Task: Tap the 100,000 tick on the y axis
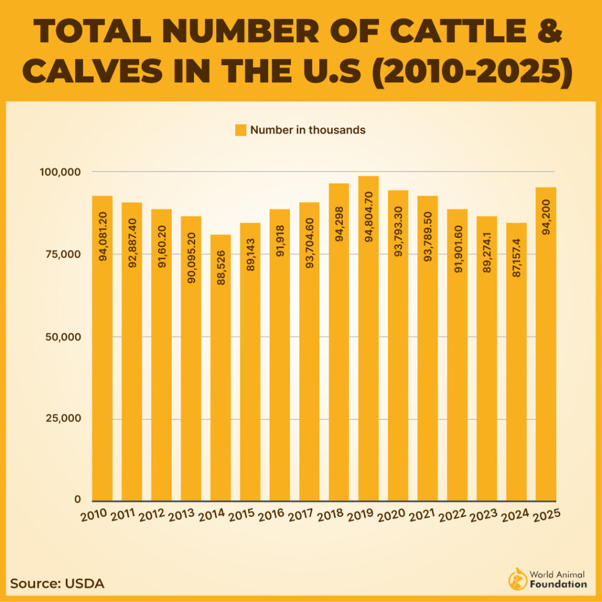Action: coord(61,172)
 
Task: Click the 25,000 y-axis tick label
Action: coord(63,419)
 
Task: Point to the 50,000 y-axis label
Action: coord(63,337)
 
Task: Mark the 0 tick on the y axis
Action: coord(77,499)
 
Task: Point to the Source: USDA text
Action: coord(57,584)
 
